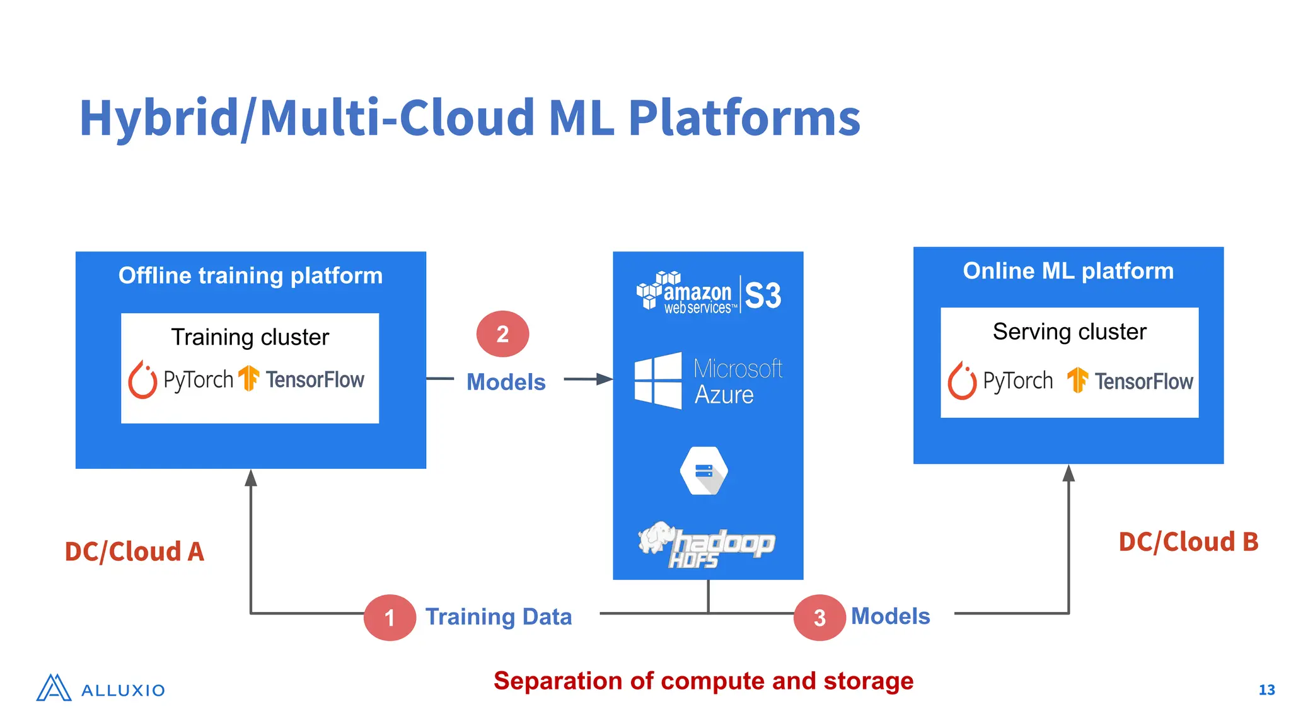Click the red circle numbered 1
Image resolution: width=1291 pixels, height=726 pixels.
tap(390, 618)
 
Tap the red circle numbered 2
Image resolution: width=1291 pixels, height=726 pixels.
tap(502, 334)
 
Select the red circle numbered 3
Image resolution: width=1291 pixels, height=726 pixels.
tap(819, 618)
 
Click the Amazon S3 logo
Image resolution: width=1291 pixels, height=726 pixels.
tap(709, 294)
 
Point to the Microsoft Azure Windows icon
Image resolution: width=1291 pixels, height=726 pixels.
tap(657, 380)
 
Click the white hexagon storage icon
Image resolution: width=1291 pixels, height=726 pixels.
tap(704, 471)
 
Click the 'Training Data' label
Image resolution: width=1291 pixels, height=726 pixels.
tap(498, 616)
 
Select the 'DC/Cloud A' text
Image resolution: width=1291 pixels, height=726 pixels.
tap(134, 551)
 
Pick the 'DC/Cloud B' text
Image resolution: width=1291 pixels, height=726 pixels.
tap(1188, 542)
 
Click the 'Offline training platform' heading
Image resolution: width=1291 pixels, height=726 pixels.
tap(250, 275)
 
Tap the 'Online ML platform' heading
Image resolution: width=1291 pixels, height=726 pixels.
tap(1068, 271)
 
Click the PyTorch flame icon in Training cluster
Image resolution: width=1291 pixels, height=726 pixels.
tap(142, 380)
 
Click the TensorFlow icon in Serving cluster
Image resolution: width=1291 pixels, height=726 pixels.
tap(1077, 380)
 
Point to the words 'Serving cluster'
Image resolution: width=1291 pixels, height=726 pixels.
tap(1069, 331)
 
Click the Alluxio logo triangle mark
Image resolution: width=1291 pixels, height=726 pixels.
tap(54, 688)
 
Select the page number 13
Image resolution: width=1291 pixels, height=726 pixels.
tap(1266, 690)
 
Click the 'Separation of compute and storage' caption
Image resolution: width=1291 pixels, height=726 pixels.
tap(703, 681)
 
